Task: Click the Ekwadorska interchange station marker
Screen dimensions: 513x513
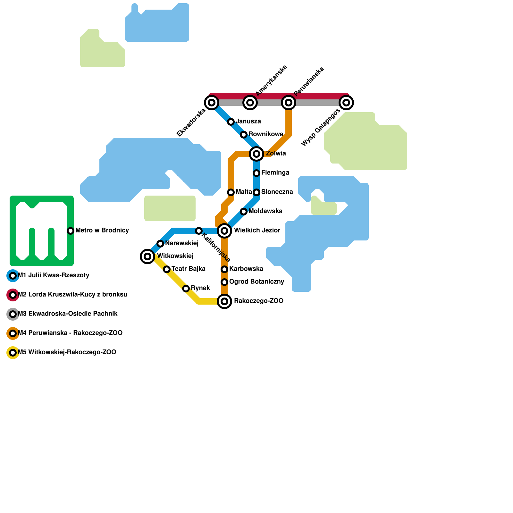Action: pos(212,103)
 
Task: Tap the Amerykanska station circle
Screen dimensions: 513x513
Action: pos(250,103)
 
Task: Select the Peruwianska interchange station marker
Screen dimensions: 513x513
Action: pos(289,103)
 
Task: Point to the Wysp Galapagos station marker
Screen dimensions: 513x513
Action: pos(346,103)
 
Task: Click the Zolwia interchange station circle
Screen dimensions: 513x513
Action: pos(256,154)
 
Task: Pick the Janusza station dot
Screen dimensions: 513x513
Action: pos(231,122)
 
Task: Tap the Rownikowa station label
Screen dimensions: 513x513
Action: pos(266,134)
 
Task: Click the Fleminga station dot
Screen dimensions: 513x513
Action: pos(256,173)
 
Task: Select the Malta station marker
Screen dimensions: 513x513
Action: pos(231,192)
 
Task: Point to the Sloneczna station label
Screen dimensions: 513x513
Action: pos(277,192)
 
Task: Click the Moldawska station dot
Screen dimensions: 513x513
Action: pos(244,212)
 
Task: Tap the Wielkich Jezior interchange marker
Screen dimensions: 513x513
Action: pos(224,231)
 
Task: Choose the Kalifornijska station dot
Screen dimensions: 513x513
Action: pos(199,231)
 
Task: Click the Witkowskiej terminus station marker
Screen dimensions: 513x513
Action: pos(147,256)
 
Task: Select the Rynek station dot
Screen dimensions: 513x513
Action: pos(186,289)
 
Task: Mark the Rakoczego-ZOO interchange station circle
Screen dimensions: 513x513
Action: pos(224,301)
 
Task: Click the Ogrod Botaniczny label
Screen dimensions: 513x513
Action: pos(257,282)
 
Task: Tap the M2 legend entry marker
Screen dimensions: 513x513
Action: pos(13,295)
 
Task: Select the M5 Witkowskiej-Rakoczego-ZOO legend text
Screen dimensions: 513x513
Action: pos(67,352)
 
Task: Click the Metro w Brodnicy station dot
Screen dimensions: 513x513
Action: pos(71,231)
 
